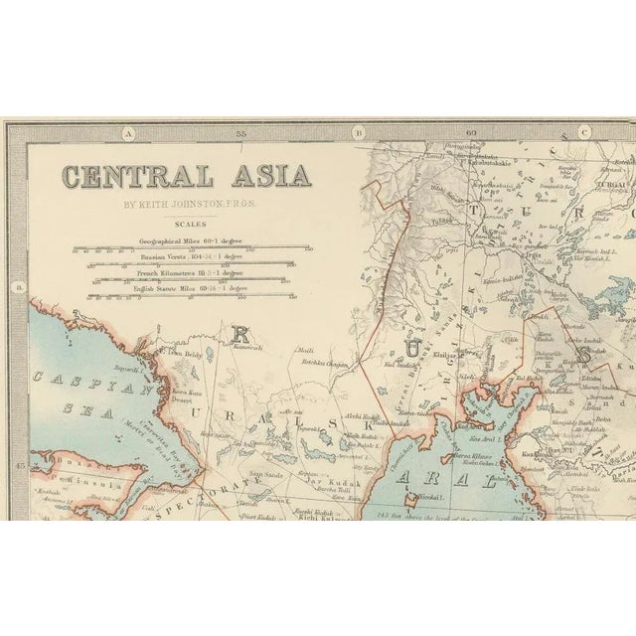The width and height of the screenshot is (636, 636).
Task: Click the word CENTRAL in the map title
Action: point(135,177)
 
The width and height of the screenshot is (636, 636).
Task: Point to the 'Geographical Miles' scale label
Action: point(185,241)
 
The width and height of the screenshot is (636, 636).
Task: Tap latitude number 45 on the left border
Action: point(16,464)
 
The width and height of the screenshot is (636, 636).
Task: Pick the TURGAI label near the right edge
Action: point(612,186)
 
